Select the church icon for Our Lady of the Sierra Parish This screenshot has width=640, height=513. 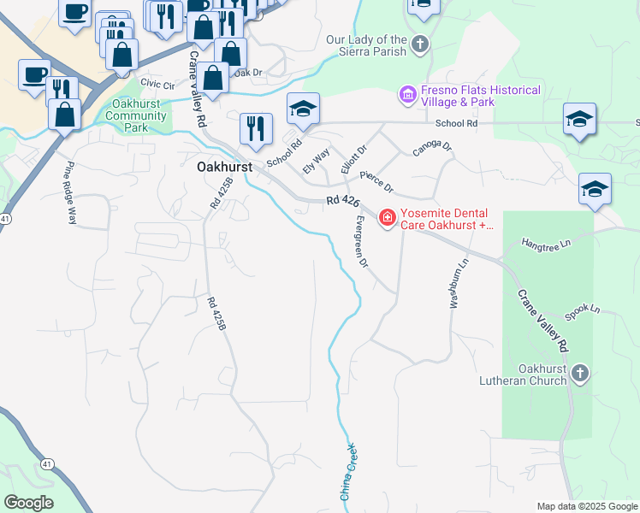coord(419,43)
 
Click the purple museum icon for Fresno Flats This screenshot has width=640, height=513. coord(407,93)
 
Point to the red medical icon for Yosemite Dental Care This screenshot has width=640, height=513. coord(387,219)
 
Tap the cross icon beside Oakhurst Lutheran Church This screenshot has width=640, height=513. coord(579,373)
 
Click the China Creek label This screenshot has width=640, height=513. coord(347,471)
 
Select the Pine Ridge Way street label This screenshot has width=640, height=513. coord(69,193)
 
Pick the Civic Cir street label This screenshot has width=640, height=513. coord(157,84)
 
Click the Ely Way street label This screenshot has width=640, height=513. coord(317,162)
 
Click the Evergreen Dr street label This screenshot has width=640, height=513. coord(358,241)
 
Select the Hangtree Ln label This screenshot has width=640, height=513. coord(546,245)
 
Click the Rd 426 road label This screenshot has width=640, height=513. coord(342,202)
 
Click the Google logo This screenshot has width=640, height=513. coord(28,503)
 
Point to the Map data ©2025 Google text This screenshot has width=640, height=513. coord(586,506)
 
